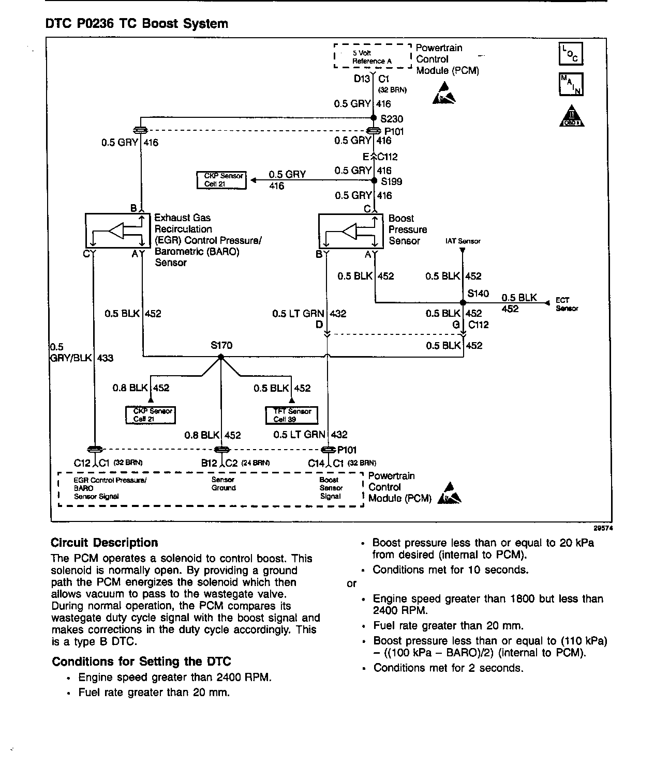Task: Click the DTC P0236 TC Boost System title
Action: click(137, 24)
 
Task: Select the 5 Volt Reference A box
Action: click(372, 57)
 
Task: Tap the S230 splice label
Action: click(392, 119)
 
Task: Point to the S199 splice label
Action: click(392, 181)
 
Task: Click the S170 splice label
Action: click(221, 345)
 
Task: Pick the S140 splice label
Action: click(478, 294)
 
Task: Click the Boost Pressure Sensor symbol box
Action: click(351, 232)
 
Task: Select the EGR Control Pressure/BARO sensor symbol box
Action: click(117, 230)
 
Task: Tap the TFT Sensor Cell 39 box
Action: click(291, 415)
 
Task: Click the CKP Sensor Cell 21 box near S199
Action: click(221, 180)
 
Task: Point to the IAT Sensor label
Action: click(463, 241)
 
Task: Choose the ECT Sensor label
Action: click(567, 304)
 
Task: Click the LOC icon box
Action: click(571, 54)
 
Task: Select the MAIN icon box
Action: click(571, 84)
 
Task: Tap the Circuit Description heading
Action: click(104, 543)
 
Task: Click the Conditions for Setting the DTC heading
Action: click(141, 662)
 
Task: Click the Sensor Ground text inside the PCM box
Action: click(223, 484)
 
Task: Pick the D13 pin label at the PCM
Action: click(362, 79)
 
